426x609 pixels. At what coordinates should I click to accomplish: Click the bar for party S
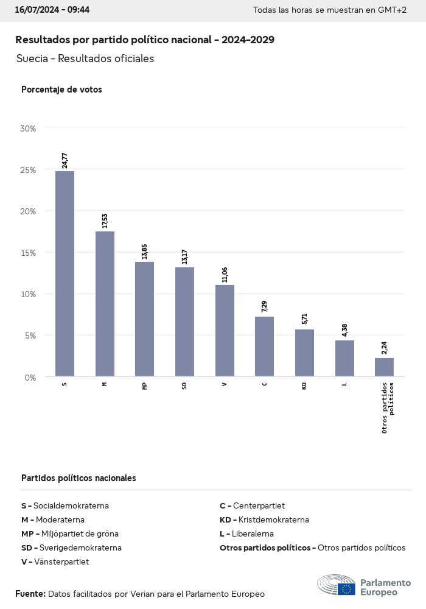pos(65,273)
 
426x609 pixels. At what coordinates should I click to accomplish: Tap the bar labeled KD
pos(304,353)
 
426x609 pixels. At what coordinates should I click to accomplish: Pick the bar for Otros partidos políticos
pos(384,367)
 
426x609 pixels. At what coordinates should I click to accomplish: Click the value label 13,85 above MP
pos(144,252)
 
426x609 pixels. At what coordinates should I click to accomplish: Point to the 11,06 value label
pos(225,275)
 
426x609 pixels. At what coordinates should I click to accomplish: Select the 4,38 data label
pos(344,330)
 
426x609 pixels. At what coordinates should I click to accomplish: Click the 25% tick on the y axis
pos(29,170)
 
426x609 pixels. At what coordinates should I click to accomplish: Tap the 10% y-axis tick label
pos(29,294)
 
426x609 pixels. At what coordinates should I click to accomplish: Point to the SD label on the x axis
pos(184,386)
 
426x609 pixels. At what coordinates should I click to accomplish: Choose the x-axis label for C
pos(264,385)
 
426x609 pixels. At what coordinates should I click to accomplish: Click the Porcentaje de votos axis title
pos(61,90)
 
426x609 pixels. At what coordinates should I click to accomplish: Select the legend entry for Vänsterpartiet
pos(55,561)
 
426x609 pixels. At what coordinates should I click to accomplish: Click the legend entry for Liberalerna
pos(246,533)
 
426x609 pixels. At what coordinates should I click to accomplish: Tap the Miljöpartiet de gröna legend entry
pos(70,533)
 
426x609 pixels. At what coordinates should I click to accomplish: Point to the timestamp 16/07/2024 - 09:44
pos(52,10)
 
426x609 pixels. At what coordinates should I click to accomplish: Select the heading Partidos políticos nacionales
pos(79,478)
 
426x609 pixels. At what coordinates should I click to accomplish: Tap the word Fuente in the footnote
pos(30,594)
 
